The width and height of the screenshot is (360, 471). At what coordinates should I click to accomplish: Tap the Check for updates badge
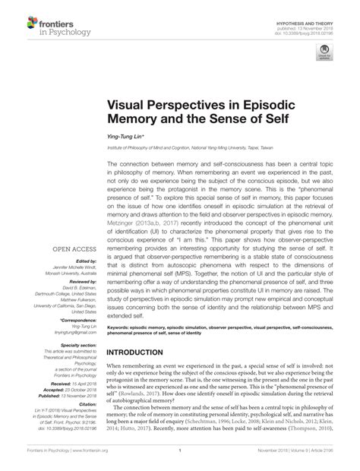[324, 53]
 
